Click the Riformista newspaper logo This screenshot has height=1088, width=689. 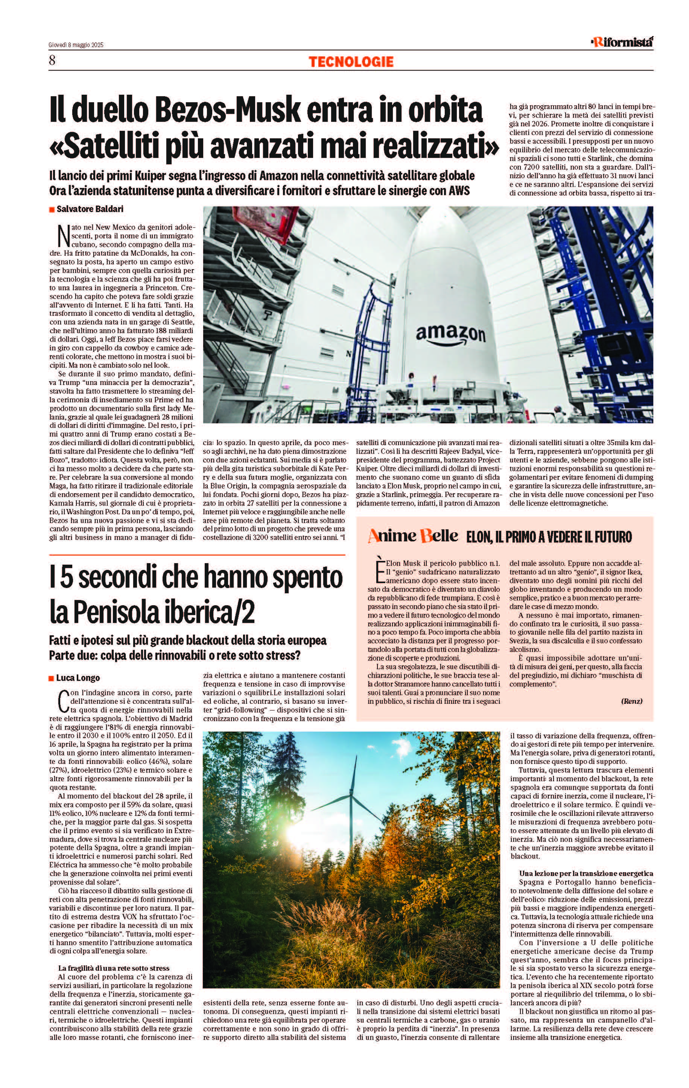click(622, 42)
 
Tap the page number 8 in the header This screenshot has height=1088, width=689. click(52, 61)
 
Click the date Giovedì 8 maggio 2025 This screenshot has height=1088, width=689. click(76, 45)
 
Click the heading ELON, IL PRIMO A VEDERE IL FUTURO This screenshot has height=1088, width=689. click(549, 537)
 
